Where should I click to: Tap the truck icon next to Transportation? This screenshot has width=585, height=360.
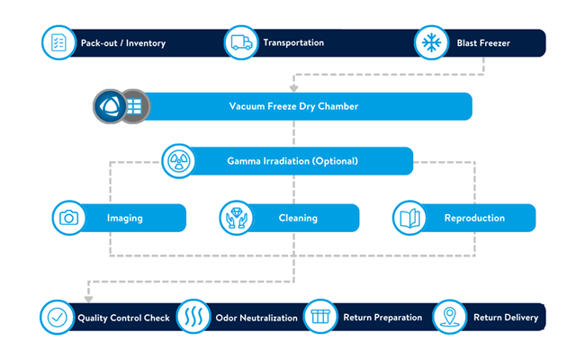[240, 42]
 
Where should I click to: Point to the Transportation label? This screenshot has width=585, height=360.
[293, 42]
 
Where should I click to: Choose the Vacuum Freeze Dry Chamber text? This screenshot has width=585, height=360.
[293, 106]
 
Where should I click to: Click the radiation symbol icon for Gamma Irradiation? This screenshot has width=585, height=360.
[178, 162]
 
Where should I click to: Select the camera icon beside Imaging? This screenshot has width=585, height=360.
[67, 217]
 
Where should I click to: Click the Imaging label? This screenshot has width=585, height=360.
[124, 218]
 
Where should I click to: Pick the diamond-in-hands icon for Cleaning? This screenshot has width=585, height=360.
[236, 217]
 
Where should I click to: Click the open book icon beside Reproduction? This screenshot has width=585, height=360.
[409, 217]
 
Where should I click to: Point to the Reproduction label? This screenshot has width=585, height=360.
[474, 218]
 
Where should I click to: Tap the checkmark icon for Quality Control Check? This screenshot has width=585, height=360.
[58, 318]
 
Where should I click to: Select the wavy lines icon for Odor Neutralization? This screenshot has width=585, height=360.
[194, 318]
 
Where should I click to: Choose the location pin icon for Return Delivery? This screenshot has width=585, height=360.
[451, 318]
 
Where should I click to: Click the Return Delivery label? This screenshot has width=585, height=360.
[506, 318]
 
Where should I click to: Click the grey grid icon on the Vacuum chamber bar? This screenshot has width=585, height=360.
[134, 106]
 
